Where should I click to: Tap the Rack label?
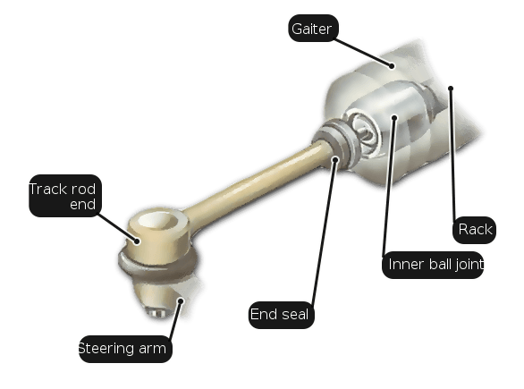point(474,230)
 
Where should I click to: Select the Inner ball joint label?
point(433,265)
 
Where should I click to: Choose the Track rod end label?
point(65,196)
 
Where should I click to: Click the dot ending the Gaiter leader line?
point(392,66)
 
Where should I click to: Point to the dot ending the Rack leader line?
point(451,89)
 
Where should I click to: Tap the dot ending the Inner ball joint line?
point(394,118)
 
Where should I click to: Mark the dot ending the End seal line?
point(335,160)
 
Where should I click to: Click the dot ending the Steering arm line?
point(181,301)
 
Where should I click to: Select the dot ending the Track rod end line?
point(137,241)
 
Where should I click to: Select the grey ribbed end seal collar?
point(337,142)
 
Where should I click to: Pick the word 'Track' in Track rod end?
point(49,190)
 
